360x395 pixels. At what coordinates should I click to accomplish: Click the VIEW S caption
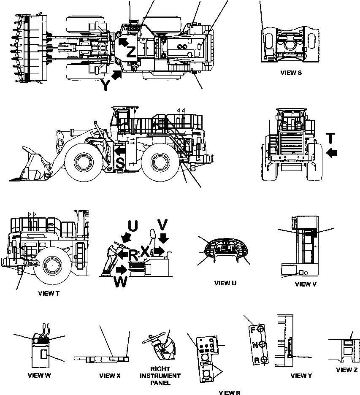coord(291,73)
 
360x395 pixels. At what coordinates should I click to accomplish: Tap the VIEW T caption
coord(46,293)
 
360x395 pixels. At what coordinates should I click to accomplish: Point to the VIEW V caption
coord(306,284)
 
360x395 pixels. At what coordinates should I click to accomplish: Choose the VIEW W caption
coord(39,375)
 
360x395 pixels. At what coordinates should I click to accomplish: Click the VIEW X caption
coord(110,376)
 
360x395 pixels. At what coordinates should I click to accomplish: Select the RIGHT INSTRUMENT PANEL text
coord(160,376)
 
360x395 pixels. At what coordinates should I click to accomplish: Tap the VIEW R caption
coord(230,392)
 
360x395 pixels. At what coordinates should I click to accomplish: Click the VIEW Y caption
coord(301,376)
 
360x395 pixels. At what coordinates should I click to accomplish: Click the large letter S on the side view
coord(120,164)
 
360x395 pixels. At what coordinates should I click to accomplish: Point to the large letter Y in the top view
coord(106,86)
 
